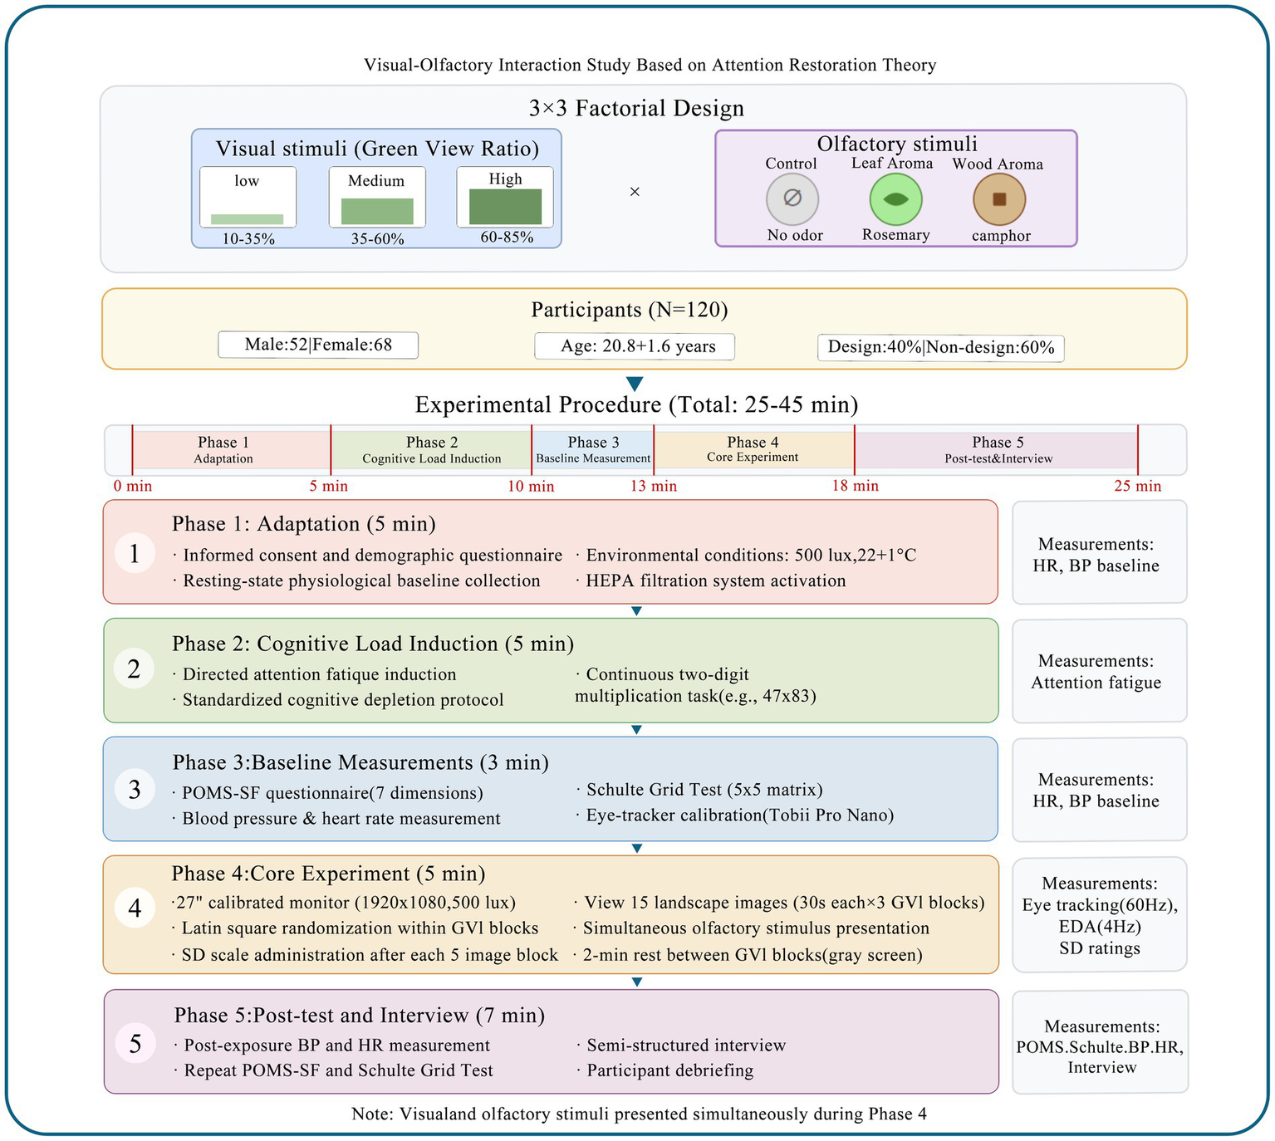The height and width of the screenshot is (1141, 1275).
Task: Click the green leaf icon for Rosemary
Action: pyautogui.click(x=895, y=199)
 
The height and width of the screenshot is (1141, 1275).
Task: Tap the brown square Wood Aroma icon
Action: pyautogui.click(x=999, y=199)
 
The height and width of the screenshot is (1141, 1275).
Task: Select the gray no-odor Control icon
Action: pyautogui.click(x=792, y=198)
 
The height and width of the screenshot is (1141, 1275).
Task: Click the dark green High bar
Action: pyautogui.click(x=505, y=207)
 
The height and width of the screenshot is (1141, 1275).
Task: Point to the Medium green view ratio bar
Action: pyautogui.click(x=377, y=212)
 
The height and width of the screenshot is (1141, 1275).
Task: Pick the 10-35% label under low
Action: pyautogui.click(x=248, y=239)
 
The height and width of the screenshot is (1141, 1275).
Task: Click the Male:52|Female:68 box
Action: pyautogui.click(x=318, y=345)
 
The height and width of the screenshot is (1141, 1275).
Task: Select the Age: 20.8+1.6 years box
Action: pyautogui.click(x=635, y=346)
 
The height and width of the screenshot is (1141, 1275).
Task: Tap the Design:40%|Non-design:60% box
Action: pyautogui.click(x=940, y=347)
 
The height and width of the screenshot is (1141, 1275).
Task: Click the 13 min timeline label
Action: pyautogui.click(x=653, y=486)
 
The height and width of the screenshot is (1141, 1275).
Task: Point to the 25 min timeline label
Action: pyautogui.click(x=1137, y=486)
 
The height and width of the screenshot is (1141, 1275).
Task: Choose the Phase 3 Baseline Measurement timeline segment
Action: pyautogui.click(x=593, y=449)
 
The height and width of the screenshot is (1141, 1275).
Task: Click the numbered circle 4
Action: pyautogui.click(x=135, y=908)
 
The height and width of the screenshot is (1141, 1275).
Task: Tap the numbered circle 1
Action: pyautogui.click(x=135, y=552)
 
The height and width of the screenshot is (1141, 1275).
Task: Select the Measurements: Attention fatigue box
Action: pyautogui.click(x=1099, y=671)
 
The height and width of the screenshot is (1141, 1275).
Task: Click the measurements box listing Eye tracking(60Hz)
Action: pyautogui.click(x=1099, y=914)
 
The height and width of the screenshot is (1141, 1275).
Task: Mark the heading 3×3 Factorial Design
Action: pyautogui.click(x=636, y=109)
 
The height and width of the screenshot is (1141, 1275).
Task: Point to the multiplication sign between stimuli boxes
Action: pyautogui.click(x=635, y=192)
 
